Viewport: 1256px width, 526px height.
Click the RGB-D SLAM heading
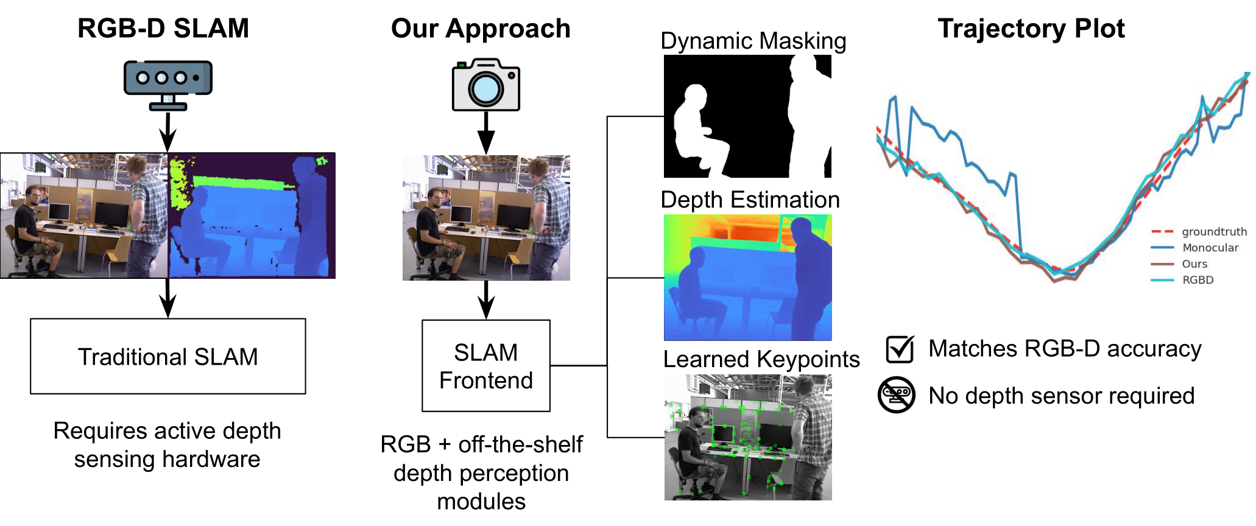pyautogui.click(x=163, y=29)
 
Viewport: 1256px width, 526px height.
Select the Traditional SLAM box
pyautogui.click(x=168, y=356)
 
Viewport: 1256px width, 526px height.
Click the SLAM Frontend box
pyautogui.click(x=486, y=366)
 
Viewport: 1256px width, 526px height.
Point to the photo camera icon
pyautogui.click(x=485, y=85)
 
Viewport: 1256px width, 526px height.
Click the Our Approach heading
pyautogui.click(x=481, y=29)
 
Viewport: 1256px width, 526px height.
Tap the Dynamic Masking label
pyautogui.click(x=753, y=41)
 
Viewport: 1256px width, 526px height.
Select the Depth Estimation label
pyautogui.click(x=750, y=200)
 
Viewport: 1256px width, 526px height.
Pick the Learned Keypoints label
pyautogui.click(x=761, y=359)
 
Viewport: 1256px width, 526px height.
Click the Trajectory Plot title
pyautogui.click(x=1031, y=29)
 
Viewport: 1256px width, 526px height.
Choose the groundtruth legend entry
pyautogui.click(x=1214, y=232)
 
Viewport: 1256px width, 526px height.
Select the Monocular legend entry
pyautogui.click(x=1210, y=248)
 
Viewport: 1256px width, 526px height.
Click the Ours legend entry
pyautogui.click(x=1194, y=264)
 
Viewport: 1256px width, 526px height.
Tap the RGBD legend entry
pyautogui.click(x=1198, y=280)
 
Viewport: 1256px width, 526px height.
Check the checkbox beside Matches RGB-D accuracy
pyautogui.click(x=900, y=349)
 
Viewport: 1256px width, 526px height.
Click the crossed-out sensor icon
pyautogui.click(x=896, y=395)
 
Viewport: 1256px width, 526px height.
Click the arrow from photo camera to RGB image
pyautogui.click(x=485, y=133)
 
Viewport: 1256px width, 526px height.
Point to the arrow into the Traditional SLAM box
pyautogui.click(x=168, y=298)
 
